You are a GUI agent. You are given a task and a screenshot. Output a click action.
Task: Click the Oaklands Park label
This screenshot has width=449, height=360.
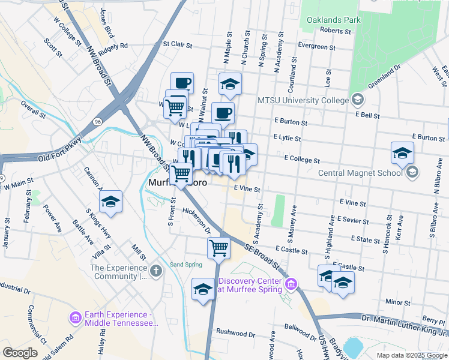(333, 20)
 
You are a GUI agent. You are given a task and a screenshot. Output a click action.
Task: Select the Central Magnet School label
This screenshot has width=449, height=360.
(360, 173)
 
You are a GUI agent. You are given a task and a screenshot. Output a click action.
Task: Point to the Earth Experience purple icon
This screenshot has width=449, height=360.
(75, 317)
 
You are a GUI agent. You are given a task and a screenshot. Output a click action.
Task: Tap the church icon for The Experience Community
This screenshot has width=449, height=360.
(155, 271)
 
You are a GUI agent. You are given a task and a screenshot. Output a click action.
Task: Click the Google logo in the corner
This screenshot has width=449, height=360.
(20, 353)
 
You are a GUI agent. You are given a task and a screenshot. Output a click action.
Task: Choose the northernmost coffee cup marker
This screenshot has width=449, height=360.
(182, 82)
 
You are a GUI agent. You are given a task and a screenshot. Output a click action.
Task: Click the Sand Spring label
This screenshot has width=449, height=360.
(186, 264)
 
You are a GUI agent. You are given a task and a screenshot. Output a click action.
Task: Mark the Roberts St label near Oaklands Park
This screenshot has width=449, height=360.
(335, 30)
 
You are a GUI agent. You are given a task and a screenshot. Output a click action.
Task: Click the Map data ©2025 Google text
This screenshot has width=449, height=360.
(411, 355)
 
